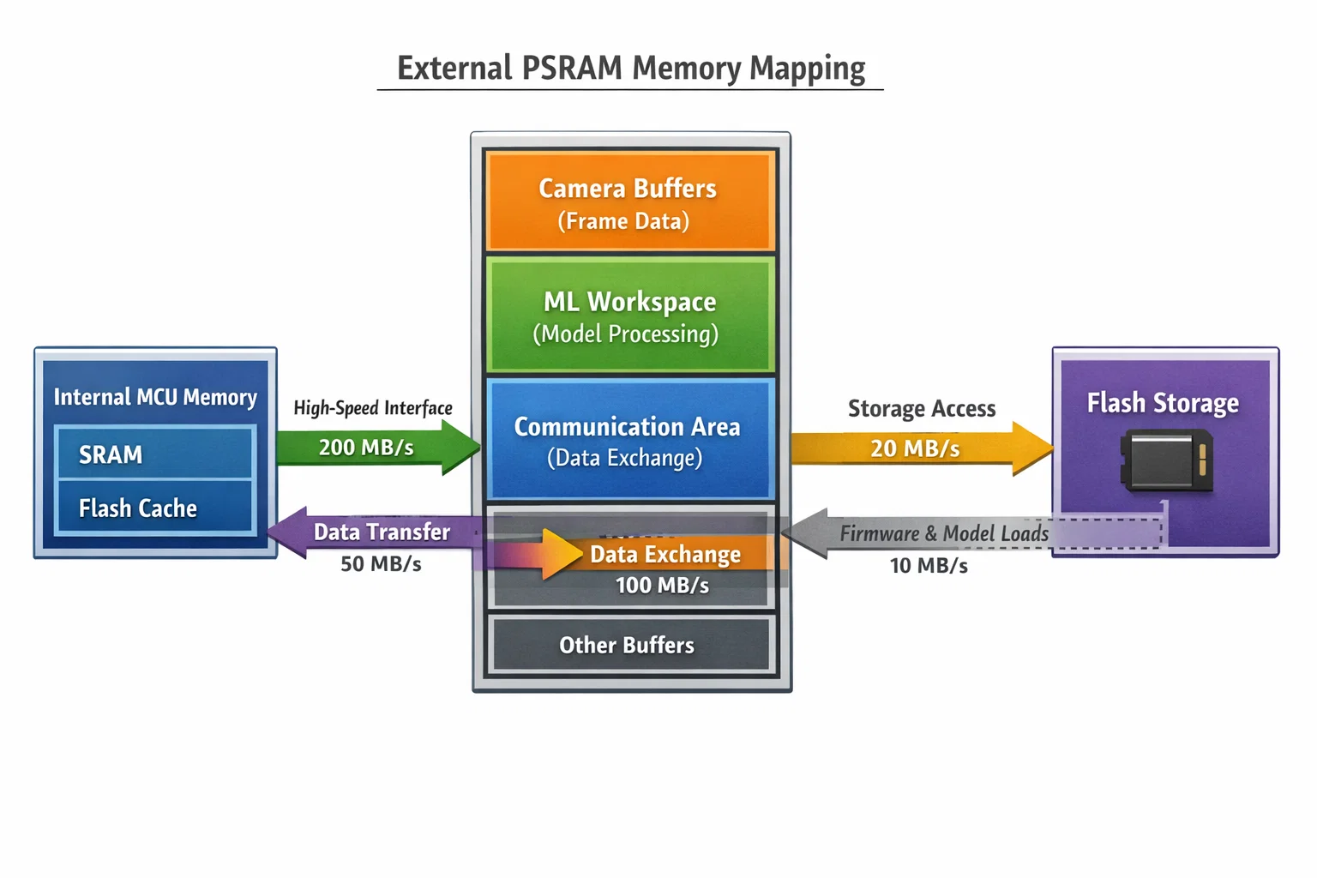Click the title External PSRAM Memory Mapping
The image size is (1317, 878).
point(631,69)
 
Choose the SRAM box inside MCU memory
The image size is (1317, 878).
point(154,454)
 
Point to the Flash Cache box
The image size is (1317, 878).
point(154,508)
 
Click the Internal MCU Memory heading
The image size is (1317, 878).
point(155,397)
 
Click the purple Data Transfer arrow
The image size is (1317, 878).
point(377,532)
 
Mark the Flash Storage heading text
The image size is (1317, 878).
point(1163,403)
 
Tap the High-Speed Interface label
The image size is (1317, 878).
point(373,408)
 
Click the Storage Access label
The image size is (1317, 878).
point(922,409)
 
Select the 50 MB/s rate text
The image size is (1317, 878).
point(381,564)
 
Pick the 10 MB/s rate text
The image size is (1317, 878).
point(929,566)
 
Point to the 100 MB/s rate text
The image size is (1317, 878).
point(662,586)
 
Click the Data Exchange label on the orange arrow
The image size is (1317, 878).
point(665,555)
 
